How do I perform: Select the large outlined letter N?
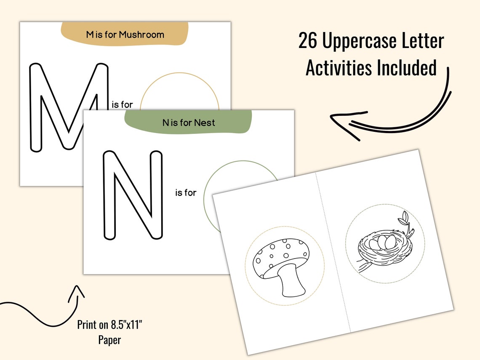click(133, 195)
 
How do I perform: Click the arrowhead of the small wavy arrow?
click(77, 291)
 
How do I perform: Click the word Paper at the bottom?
click(110, 340)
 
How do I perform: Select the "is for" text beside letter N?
click(186, 193)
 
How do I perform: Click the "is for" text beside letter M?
click(121, 104)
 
